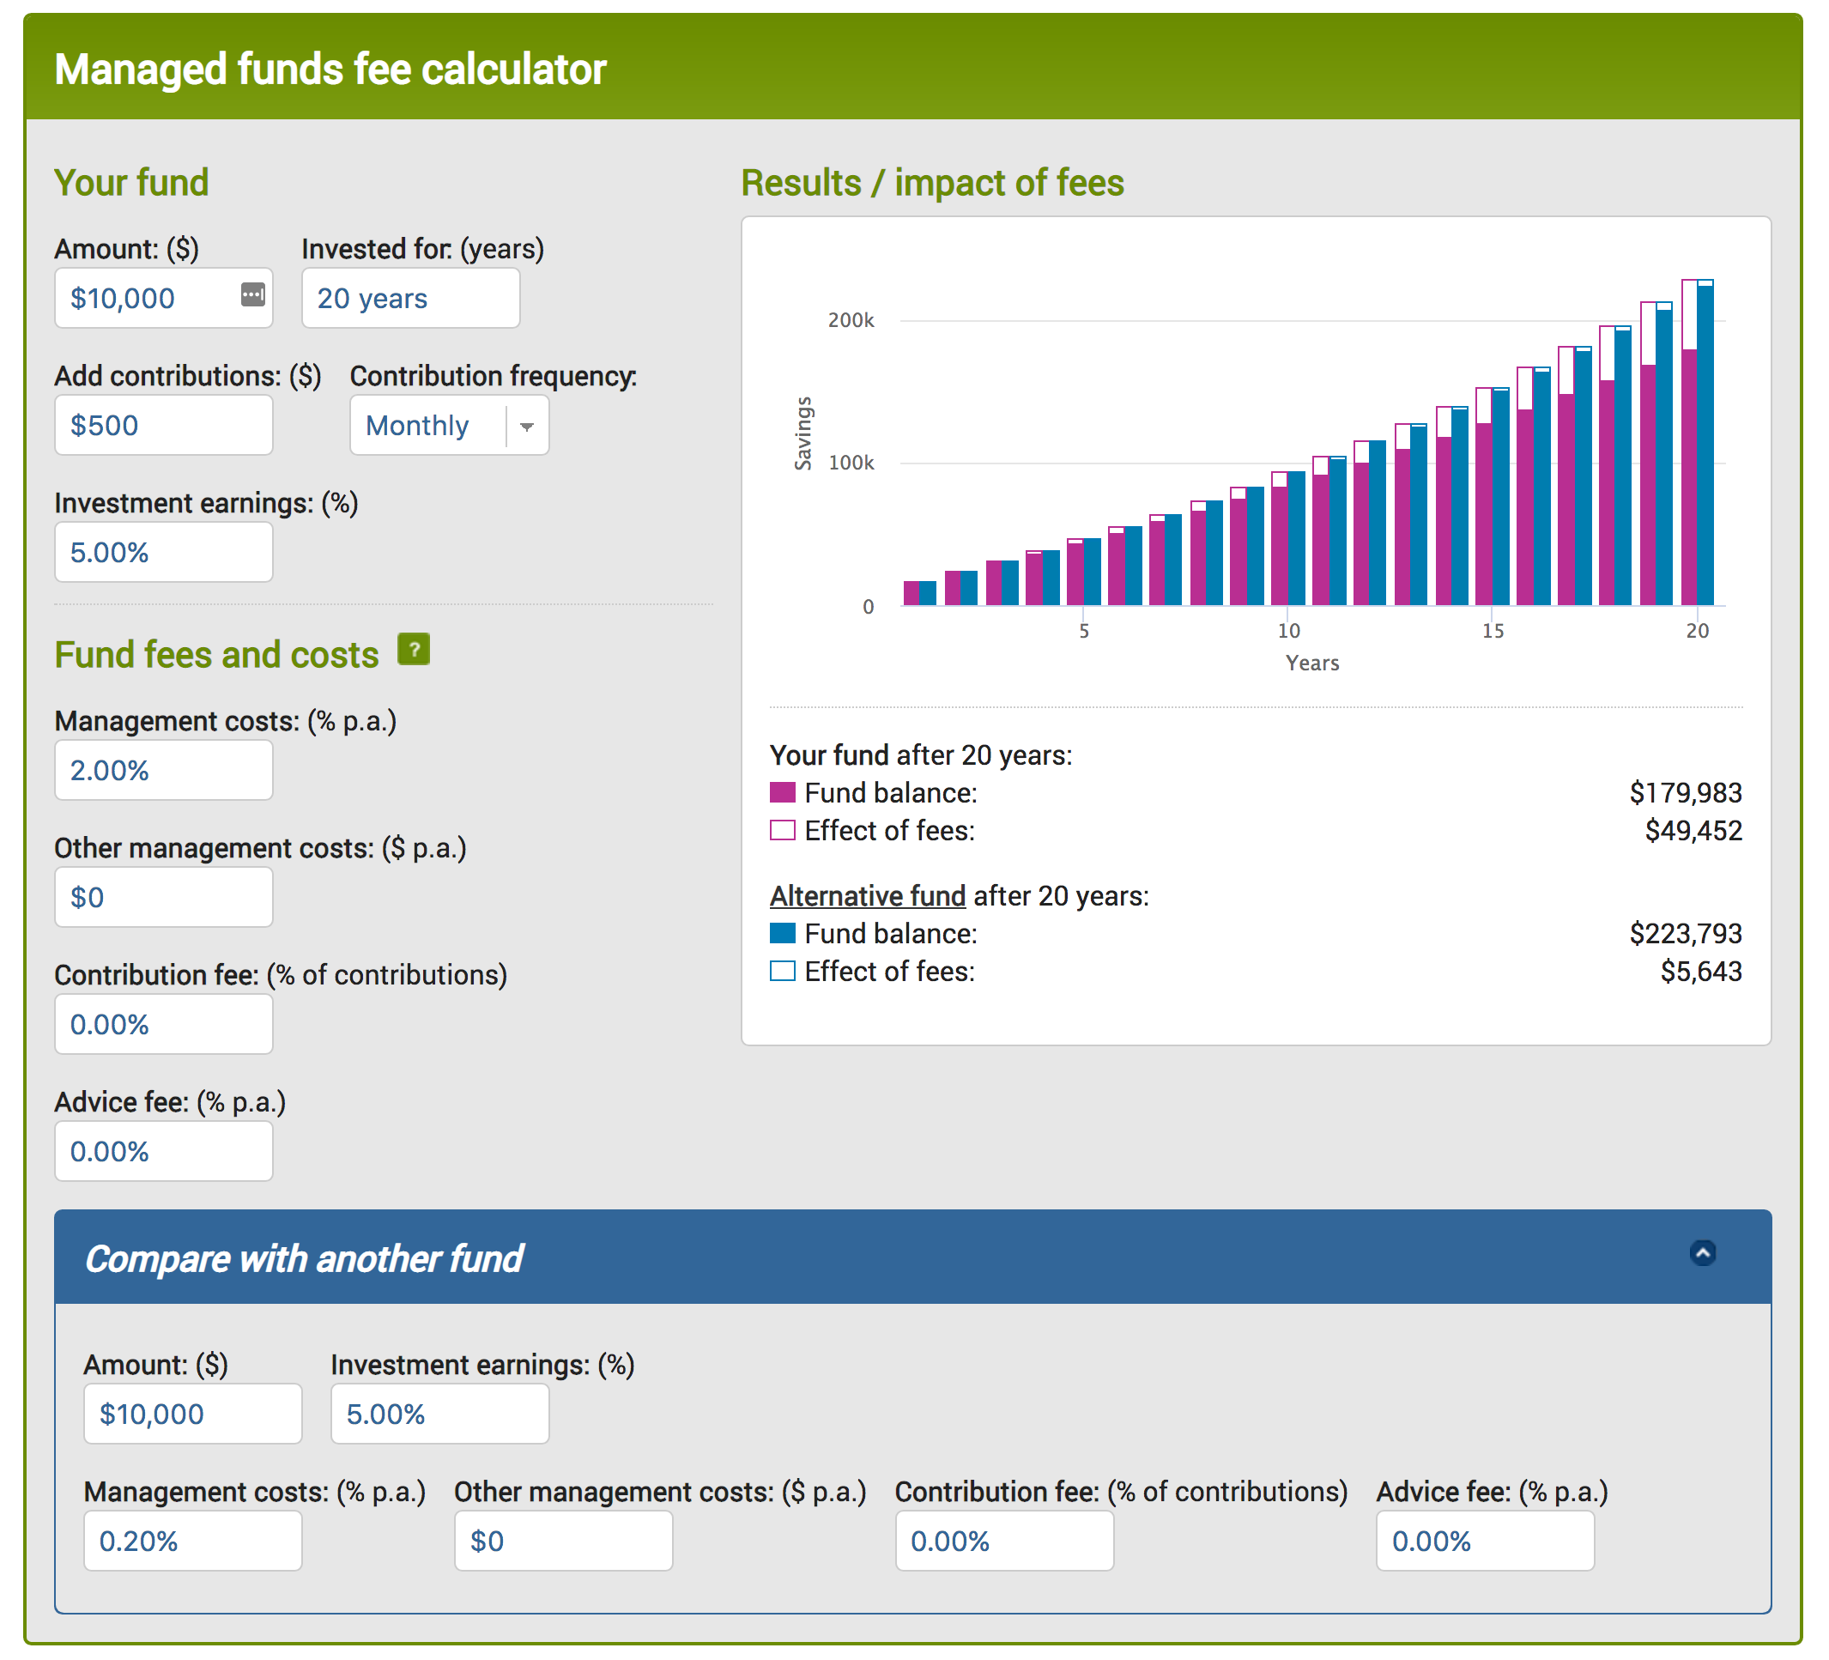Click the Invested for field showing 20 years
click(x=410, y=299)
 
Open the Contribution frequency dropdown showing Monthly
click(x=449, y=426)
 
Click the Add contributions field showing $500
click(x=163, y=426)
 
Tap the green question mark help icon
click(x=414, y=650)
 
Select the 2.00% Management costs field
click(x=163, y=770)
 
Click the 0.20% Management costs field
click(x=192, y=1542)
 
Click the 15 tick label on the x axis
click(x=1493, y=630)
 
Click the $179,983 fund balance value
click(x=1685, y=793)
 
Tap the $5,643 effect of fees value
click(x=1700, y=972)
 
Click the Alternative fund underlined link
click(x=868, y=896)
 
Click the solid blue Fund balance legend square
click(x=782, y=933)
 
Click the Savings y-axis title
click(x=802, y=433)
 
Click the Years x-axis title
click(x=1311, y=663)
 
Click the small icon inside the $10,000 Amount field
click(x=253, y=294)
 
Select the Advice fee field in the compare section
click(x=1484, y=1542)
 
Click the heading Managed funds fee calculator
click(x=330, y=70)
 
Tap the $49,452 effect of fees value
click(x=1693, y=831)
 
